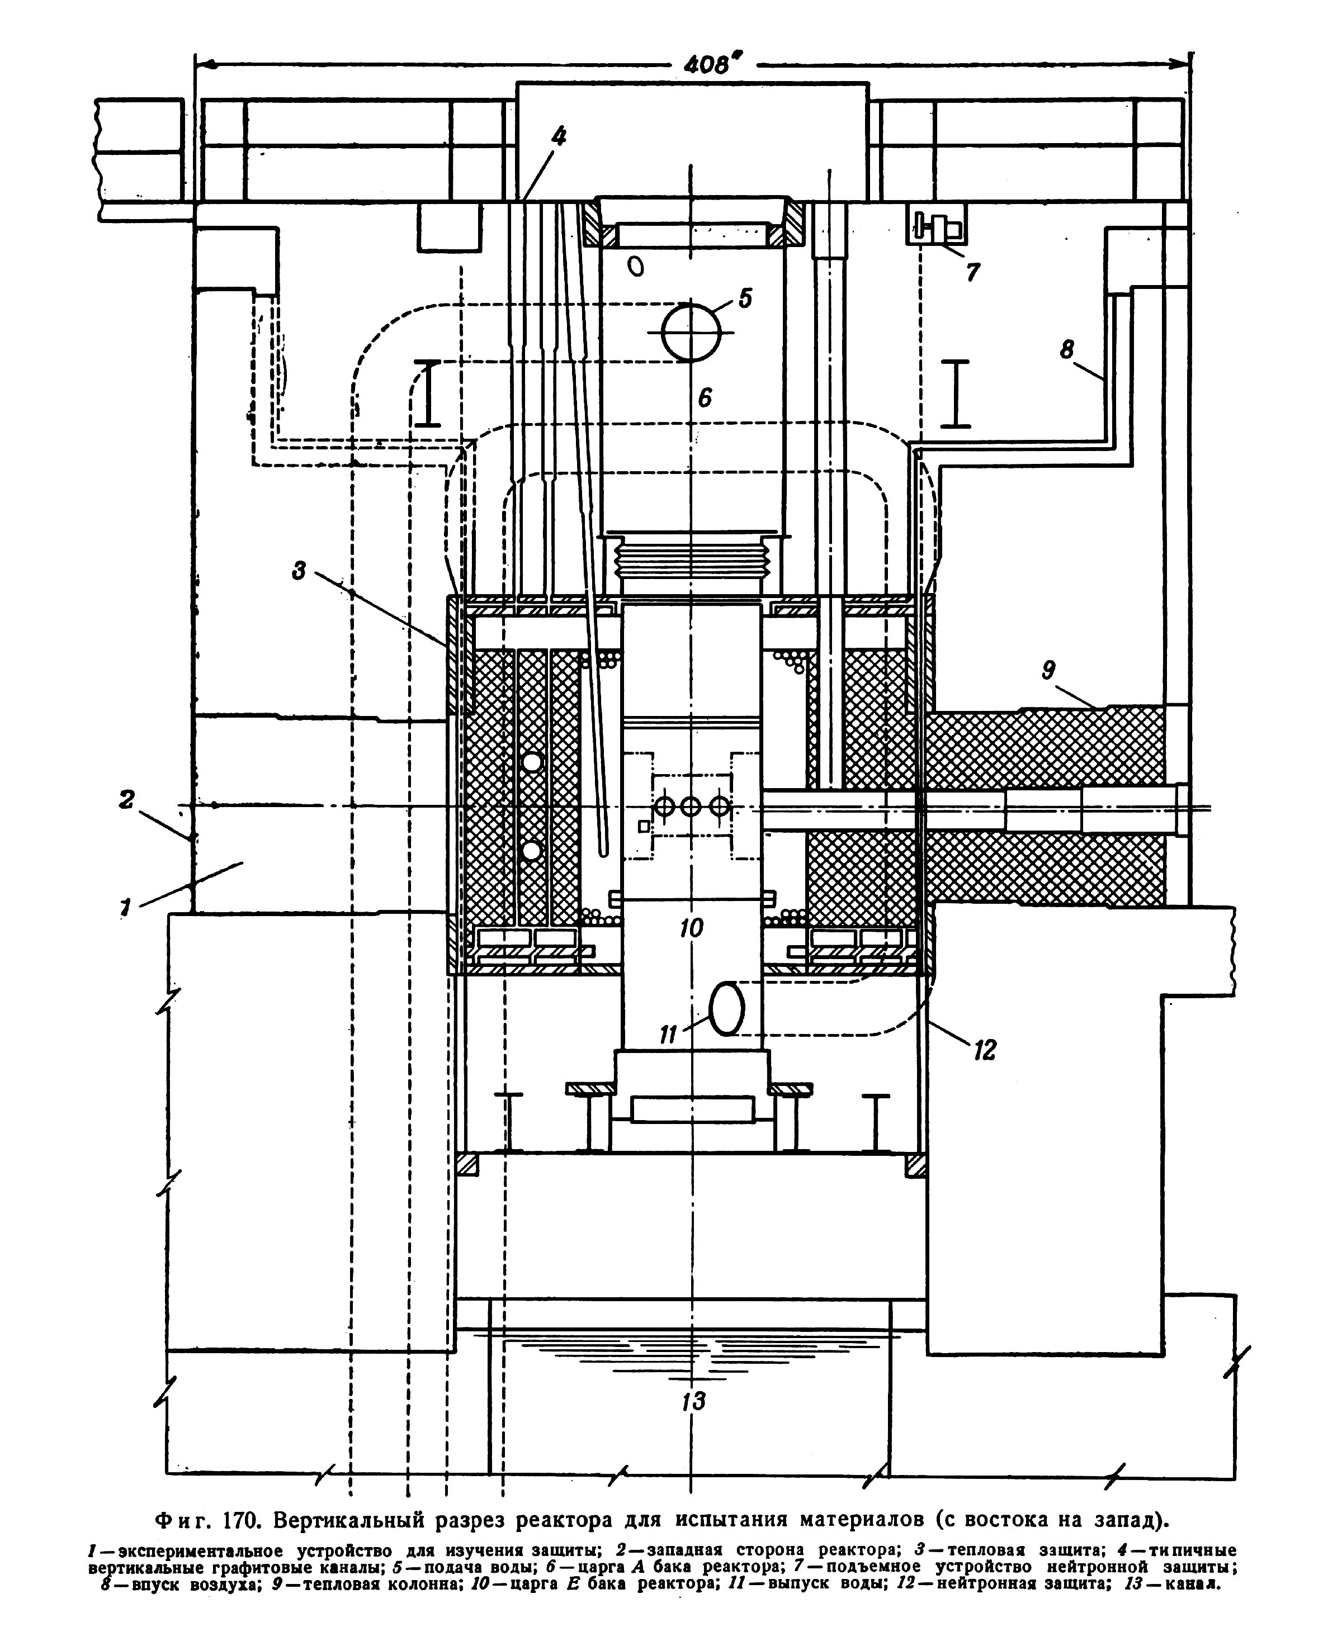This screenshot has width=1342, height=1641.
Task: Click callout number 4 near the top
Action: click(558, 137)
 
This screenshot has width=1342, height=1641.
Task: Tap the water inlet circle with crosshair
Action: click(692, 332)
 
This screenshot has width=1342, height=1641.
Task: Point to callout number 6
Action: click(704, 397)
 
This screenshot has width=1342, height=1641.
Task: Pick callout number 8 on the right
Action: click(1067, 350)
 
